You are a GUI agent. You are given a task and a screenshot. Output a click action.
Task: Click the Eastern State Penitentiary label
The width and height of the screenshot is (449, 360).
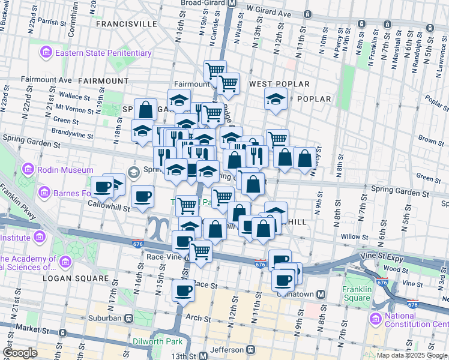(103, 53)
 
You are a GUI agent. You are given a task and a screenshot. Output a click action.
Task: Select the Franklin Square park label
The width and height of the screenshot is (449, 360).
(356, 293)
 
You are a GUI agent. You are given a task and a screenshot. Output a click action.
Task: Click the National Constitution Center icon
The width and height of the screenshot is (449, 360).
(376, 317)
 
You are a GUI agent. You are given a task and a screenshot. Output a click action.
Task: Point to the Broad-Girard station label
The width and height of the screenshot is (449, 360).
(203, 2)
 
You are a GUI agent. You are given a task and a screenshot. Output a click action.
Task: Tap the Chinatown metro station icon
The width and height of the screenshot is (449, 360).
(321, 295)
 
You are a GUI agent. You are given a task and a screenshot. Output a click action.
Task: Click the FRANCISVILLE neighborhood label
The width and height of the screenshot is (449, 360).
(125, 24)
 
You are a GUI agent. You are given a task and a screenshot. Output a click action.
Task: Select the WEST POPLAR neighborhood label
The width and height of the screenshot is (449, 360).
(279, 84)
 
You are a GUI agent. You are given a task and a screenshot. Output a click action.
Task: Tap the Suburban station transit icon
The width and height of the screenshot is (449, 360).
(128, 318)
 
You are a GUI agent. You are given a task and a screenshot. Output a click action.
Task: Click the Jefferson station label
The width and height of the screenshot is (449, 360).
(226, 349)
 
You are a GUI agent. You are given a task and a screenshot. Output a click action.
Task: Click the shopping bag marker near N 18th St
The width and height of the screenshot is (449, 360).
(145, 110)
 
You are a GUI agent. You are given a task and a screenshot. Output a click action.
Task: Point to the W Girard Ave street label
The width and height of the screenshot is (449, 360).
(268, 13)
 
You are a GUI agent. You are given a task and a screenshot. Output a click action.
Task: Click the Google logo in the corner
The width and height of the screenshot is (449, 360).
(20, 353)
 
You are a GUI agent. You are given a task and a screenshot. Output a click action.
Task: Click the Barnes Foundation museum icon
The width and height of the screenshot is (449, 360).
(44, 193)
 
